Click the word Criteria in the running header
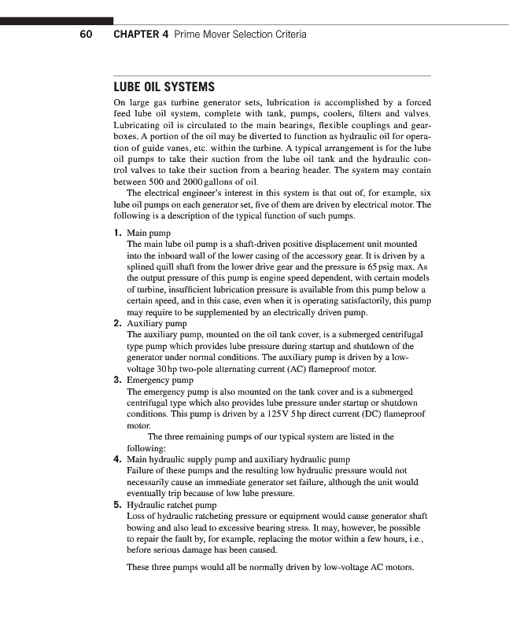pos(287,35)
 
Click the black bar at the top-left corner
pos(57,20)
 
